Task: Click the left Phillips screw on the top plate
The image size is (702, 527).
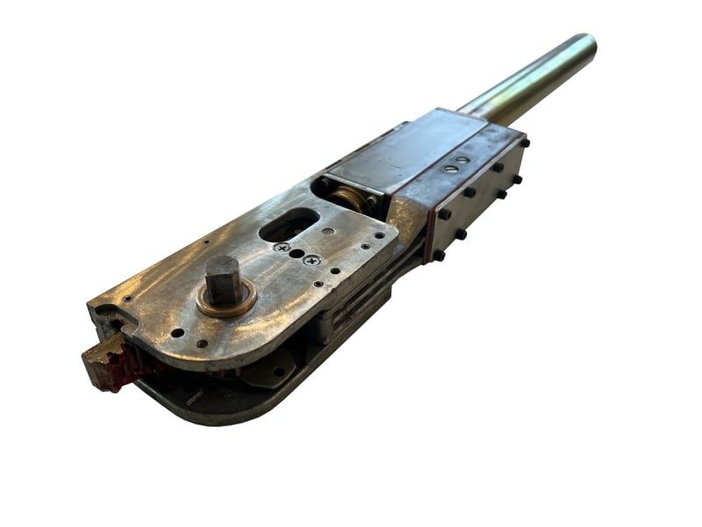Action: point(283,249)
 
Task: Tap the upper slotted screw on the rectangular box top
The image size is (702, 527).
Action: point(462,159)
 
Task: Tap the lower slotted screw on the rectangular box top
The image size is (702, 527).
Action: point(449,166)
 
